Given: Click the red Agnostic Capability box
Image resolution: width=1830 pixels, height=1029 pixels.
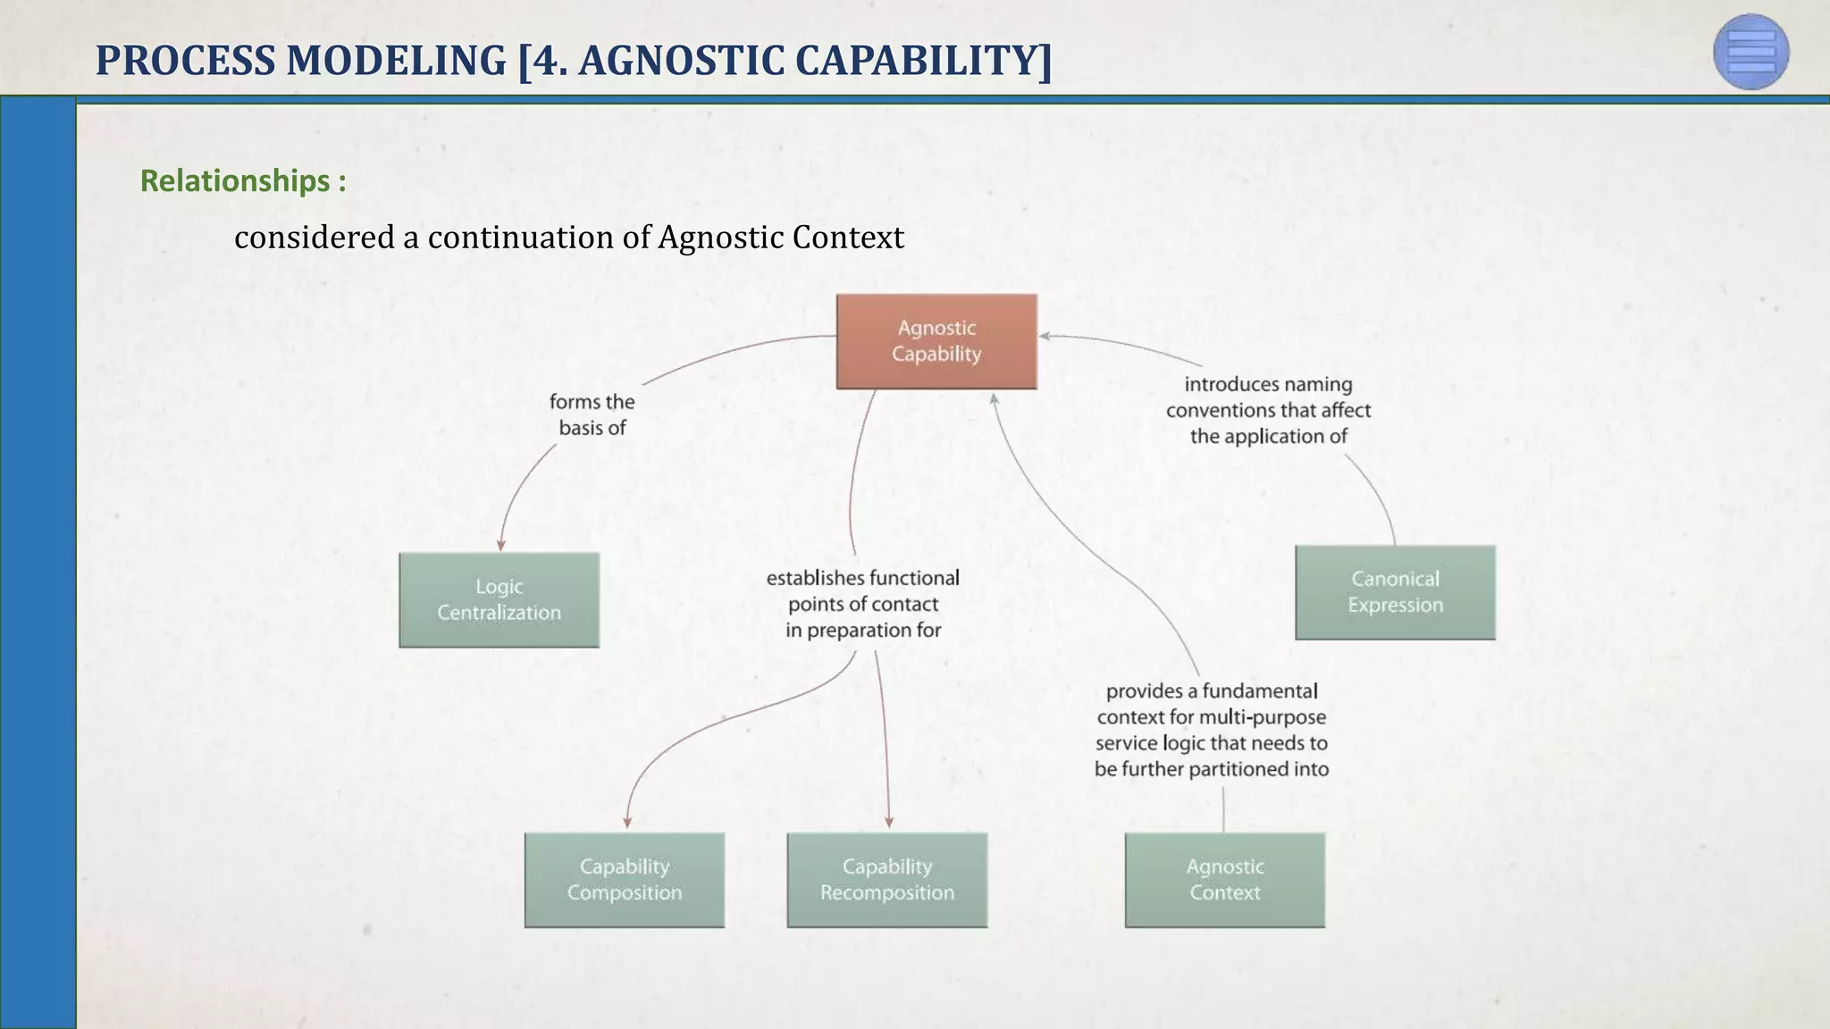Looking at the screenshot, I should pyautogui.click(x=936, y=341).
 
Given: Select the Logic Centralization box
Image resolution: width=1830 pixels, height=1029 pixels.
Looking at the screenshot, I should pyautogui.click(x=499, y=599).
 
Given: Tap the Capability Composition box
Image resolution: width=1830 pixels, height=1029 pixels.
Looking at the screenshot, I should pyautogui.click(x=624, y=880).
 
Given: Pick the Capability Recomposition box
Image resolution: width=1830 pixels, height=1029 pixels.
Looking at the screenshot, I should pyautogui.click(x=886, y=880).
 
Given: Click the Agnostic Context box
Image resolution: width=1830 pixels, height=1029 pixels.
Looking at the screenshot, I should pyautogui.click(x=1224, y=880).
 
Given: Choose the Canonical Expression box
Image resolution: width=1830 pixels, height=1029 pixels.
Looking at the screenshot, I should pyautogui.click(x=1395, y=592).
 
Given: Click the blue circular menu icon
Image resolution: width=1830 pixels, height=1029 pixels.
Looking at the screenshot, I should pyautogui.click(x=1750, y=52).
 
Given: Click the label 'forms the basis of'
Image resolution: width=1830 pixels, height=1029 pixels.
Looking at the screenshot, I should pyautogui.click(x=592, y=414).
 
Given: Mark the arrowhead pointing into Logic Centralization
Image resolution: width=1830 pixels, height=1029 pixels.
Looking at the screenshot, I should pyautogui.click(x=501, y=545).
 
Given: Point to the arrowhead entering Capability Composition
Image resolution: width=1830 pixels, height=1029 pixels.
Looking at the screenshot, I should pyautogui.click(x=627, y=822).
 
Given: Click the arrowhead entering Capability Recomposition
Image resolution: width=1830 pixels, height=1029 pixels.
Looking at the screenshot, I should pyautogui.click(x=889, y=822).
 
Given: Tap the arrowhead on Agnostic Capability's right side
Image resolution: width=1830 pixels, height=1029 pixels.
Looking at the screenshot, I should pyautogui.click(x=1045, y=337).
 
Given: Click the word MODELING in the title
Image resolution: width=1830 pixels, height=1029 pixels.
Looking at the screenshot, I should pyautogui.click(x=397, y=61).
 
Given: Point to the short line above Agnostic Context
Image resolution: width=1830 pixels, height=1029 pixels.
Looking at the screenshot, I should pyautogui.click(x=1223, y=809).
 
